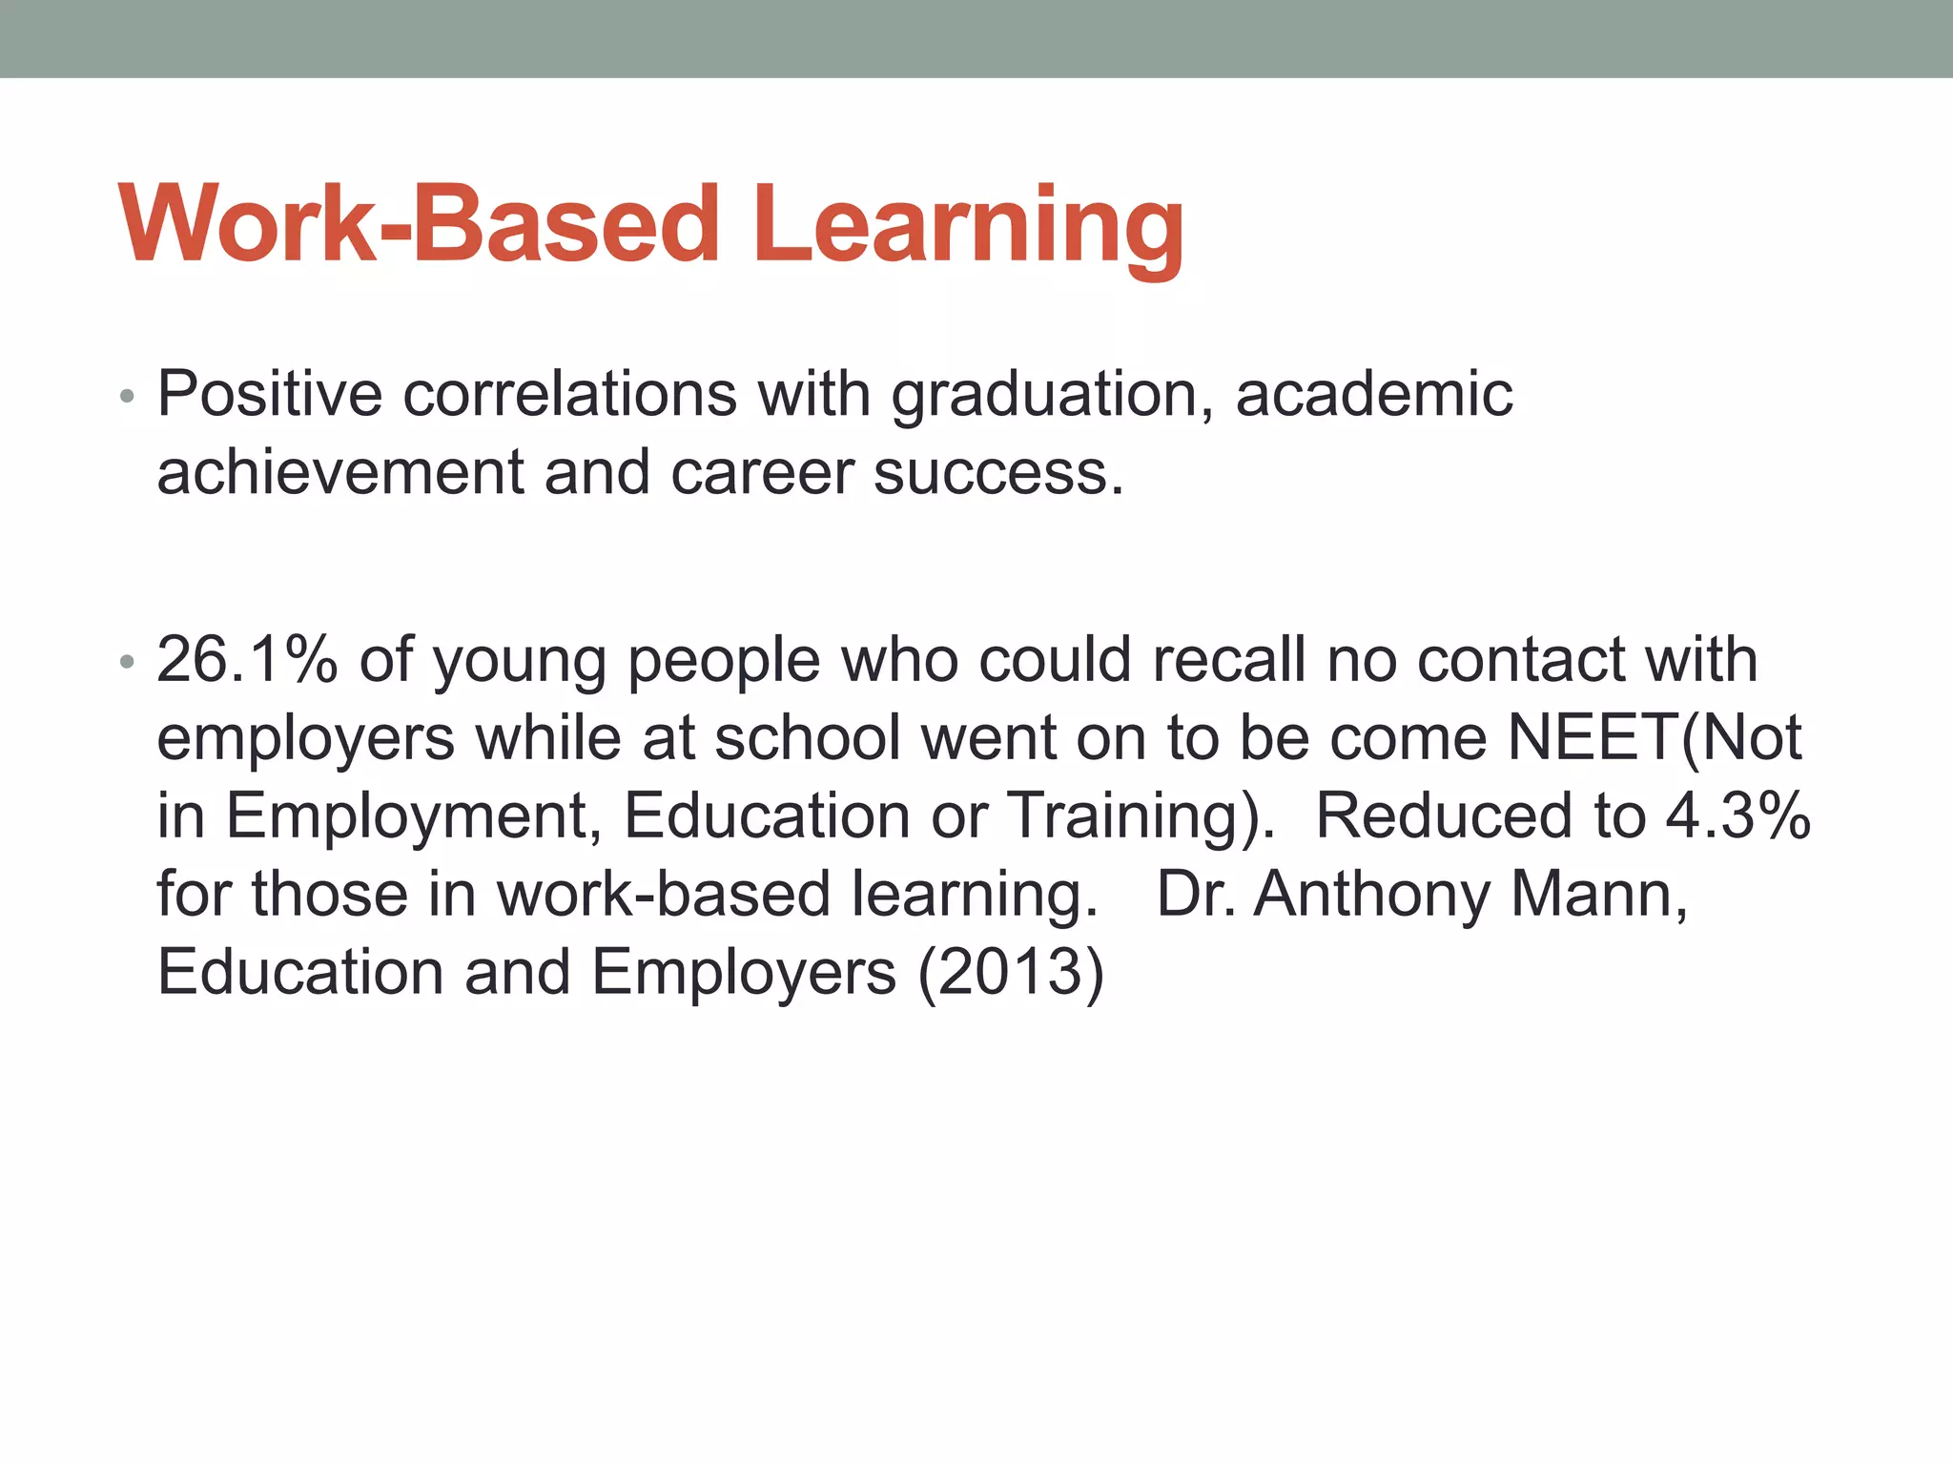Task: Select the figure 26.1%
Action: [x=247, y=660]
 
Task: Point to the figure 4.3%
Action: [x=1737, y=816]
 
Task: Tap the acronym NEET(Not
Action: [x=1655, y=738]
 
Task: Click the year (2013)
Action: [x=1011, y=973]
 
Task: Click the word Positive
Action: [x=269, y=394]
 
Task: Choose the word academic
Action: [x=1373, y=394]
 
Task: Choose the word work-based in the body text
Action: [x=664, y=895]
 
